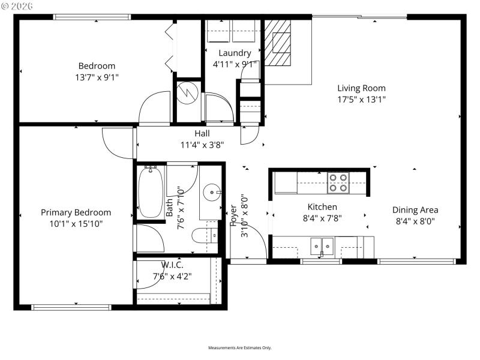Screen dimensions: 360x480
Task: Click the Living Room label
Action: click(x=361, y=88)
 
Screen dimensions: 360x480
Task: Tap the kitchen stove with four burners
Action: click(x=338, y=182)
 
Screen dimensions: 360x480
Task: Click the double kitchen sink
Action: click(x=322, y=246)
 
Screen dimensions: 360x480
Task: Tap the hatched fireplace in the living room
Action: click(x=278, y=43)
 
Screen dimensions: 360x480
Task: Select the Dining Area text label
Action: click(x=415, y=210)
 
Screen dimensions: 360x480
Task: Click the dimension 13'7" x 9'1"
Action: click(x=97, y=77)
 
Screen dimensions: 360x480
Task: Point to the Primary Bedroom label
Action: click(x=76, y=212)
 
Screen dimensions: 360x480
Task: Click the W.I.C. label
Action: click(x=172, y=265)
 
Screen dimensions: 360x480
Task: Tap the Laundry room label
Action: click(x=235, y=53)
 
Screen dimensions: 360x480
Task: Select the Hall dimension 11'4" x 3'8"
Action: click(x=202, y=144)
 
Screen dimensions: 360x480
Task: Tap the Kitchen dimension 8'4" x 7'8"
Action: click(x=322, y=218)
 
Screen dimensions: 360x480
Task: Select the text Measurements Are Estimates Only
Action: click(x=240, y=348)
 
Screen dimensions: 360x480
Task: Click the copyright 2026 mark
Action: click(x=17, y=5)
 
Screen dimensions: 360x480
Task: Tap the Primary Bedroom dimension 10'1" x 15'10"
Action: click(x=76, y=223)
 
